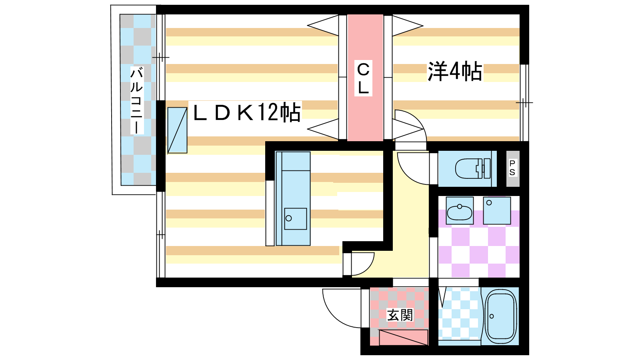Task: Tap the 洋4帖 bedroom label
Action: (x=455, y=72)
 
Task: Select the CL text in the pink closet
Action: (x=363, y=78)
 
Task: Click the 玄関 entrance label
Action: (x=400, y=315)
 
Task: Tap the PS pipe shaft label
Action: (x=512, y=168)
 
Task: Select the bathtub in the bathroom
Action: (x=500, y=316)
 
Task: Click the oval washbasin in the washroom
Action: (x=459, y=212)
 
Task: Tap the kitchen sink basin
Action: (x=295, y=218)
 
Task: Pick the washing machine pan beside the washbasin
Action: (x=497, y=210)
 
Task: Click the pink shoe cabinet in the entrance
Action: (x=403, y=337)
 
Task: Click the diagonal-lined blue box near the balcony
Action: (x=177, y=130)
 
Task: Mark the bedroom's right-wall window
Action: (x=524, y=103)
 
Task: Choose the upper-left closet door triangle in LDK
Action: (x=323, y=26)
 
